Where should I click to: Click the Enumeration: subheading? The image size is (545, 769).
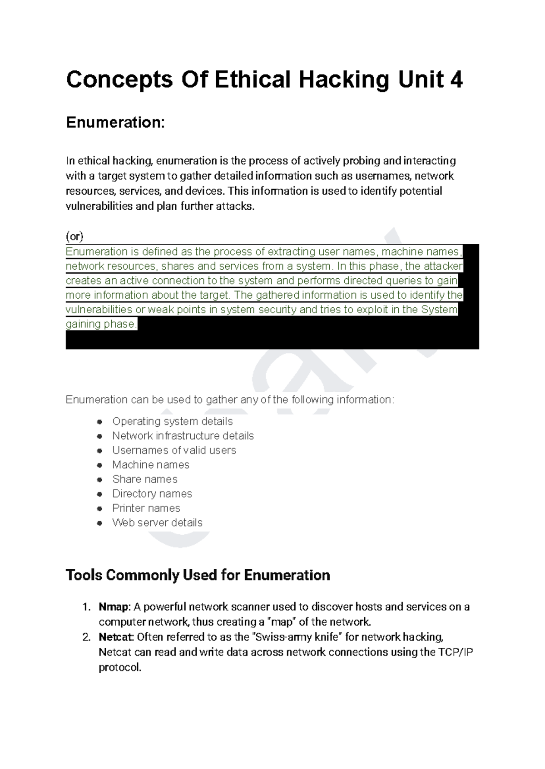click(x=115, y=123)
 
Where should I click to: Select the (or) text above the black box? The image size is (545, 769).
click(x=75, y=237)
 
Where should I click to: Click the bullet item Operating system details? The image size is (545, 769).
click(x=173, y=421)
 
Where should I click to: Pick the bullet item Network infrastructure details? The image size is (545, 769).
click(x=183, y=436)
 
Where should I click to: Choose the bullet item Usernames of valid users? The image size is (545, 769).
click(x=174, y=450)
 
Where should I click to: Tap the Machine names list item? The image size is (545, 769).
click(x=151, y=465)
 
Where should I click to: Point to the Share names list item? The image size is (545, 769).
click(x=145, y=479)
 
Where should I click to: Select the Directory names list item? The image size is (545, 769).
click(x=152, y=494)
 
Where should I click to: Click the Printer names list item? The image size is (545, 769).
click(x=146, y=508)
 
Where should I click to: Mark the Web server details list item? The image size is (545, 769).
click(x=157, y=523)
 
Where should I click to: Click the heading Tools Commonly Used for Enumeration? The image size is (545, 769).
click(x=198, y=576)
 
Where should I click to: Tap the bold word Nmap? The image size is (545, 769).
click(x=114, y=607)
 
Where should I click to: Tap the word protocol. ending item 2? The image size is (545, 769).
click(x=120, y=668)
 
